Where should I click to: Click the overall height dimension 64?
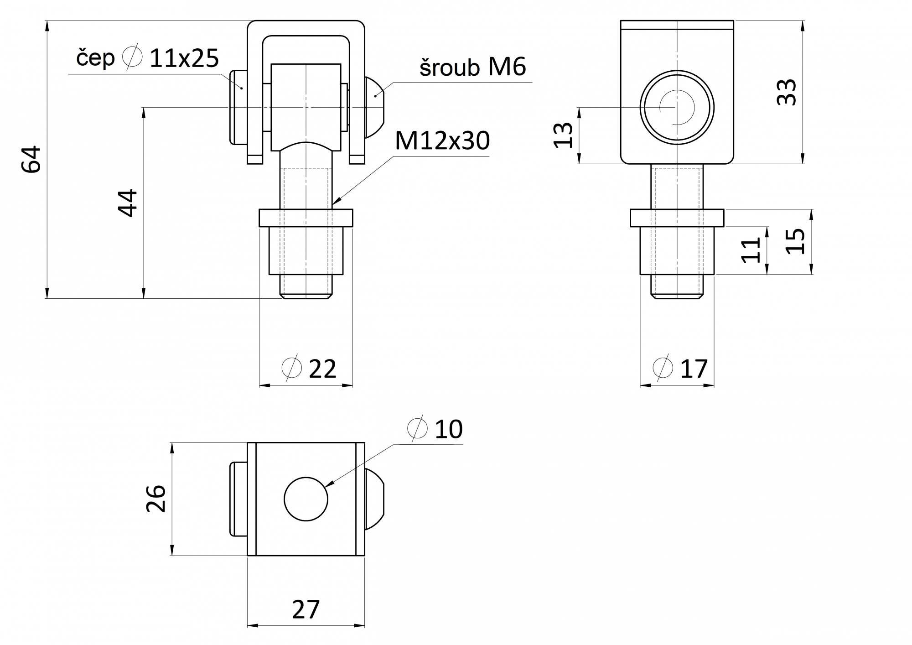(x=32, y=159)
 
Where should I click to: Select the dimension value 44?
(x=128, y=203)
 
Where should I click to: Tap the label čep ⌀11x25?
(x=147, y=58)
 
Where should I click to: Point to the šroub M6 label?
(x=473, y=67)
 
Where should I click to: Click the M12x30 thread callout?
(x=442, y=140)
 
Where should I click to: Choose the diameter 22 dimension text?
(x=309, y=369)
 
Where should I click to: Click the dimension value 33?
(x=787, y=92)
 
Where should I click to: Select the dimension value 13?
(x=563, y=135)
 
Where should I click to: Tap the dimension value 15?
(x=796, y=241)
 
